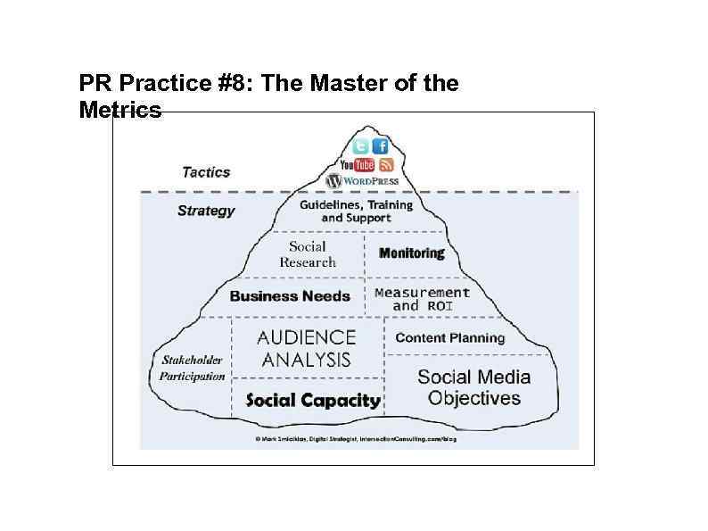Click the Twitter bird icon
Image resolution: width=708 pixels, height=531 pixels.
pos(360,147)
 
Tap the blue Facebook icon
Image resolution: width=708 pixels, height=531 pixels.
pos(381,147)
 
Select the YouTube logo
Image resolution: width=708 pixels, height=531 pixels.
pos(357,165)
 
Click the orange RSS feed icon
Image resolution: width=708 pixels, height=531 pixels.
pos(386,165)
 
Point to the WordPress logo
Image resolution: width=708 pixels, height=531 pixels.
pos(362,180)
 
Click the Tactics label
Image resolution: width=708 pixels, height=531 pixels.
pos(206,172)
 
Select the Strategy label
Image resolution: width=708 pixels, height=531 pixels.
pos(206,211)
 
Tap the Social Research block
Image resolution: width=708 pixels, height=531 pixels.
pos(308,254)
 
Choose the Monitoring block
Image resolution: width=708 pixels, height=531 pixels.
pos(412,253)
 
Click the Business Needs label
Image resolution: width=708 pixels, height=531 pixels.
pos(290,296)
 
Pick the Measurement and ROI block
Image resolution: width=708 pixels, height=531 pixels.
pos(422,299)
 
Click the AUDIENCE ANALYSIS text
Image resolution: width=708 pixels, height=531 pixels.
pos(306,349)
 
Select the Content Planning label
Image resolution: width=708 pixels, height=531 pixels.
pos(449,337)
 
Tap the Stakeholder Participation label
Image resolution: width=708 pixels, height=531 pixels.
pos(192,369)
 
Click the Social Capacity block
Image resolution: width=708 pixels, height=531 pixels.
pos(312,400)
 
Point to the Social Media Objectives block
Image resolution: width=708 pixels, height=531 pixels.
pos(473,387)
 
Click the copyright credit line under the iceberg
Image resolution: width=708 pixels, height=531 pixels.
pos(355,440)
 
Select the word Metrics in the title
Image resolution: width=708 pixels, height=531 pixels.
pos(120,110)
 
